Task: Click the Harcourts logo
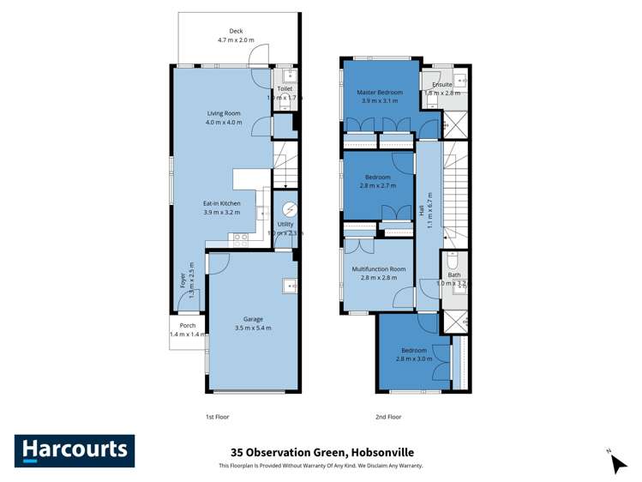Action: (x=74, y=450)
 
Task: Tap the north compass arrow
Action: (x=617, y=462)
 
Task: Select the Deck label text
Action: (x=224, y=31)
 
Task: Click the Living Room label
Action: (x=224, y=113)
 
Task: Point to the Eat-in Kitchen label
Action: (x=221, y=203)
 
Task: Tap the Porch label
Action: (x=188, y=326)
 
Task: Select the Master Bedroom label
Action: (x=381, y=92)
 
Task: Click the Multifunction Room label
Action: (x=378, y=269)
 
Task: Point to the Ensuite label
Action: (x=442, y=84)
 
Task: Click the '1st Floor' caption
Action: (x=217, y=416)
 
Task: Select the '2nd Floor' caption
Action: (x=389, y=416)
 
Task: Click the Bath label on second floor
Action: (x=453, y=274)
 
